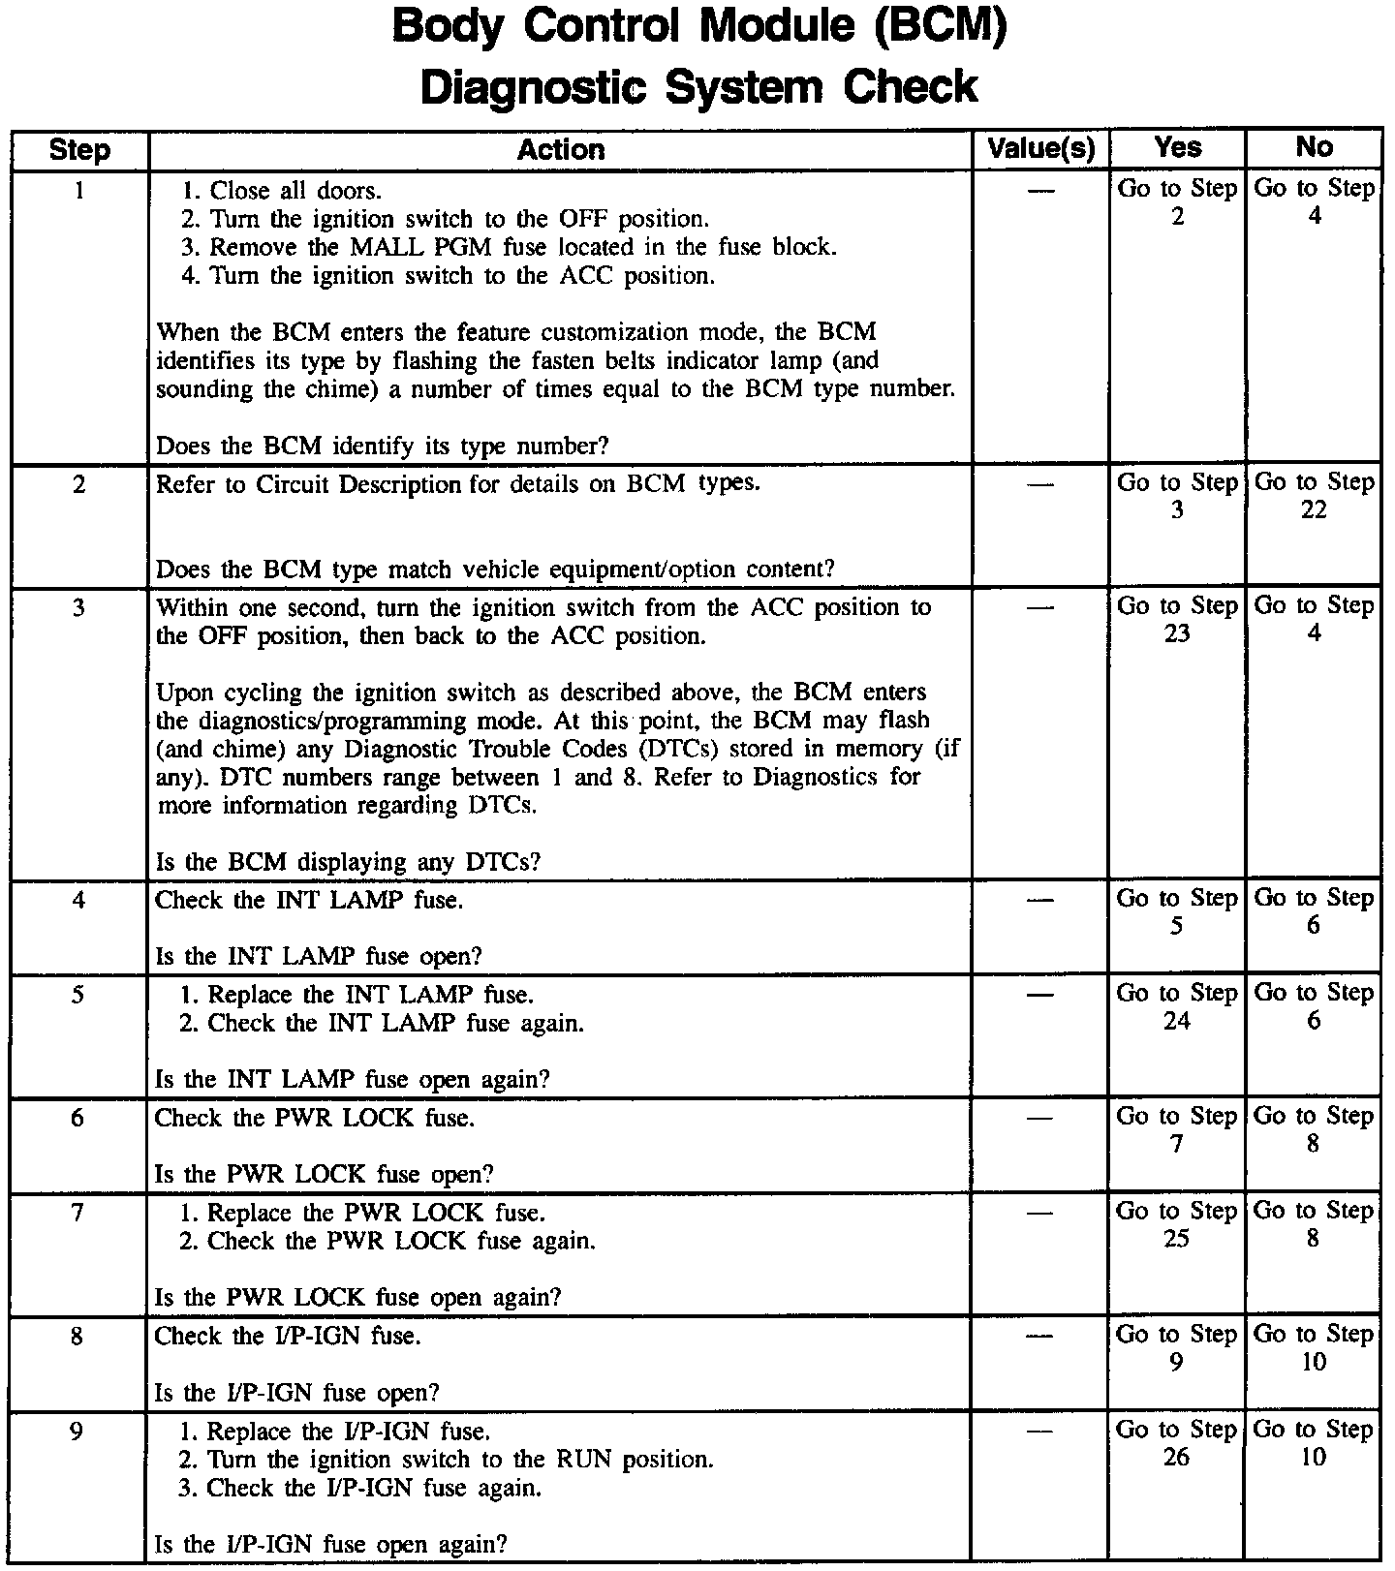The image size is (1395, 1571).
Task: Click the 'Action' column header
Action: (x=560, y=150)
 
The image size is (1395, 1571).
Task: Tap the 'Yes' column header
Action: (x=1178, y=148)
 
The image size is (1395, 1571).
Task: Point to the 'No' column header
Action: (x=1314, y=147)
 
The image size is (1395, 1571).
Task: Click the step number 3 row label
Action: (x=78, y=608)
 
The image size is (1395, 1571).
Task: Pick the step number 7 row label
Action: (x=77, y=1213)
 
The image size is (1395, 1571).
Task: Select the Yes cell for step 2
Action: (x=1177, y=496)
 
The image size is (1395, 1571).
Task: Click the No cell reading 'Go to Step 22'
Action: (x=1314, y=496)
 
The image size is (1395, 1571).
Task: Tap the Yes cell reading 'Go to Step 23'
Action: (x=1177, y=619)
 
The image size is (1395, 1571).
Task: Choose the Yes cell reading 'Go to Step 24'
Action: (x=1177, y=1006)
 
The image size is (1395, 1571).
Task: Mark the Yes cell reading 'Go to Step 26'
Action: (x=1177, y=1443)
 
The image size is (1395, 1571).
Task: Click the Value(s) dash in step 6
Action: (x=1039, y=1119)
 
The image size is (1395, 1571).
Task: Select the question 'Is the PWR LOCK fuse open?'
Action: (x=325, y=1175)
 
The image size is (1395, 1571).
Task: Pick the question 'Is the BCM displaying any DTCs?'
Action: (x=349, y=862)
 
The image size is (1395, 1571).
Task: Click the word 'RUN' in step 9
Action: (x=585, y=1460)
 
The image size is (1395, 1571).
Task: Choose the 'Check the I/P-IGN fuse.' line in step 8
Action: (x=288, y=1337)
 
